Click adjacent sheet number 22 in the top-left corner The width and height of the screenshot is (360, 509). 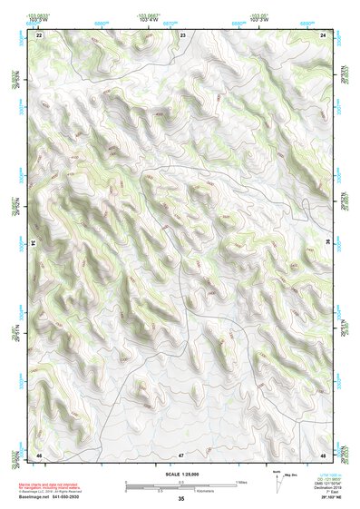click(x=39, y=34)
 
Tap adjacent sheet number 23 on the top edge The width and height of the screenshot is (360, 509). click(x=182, y=34)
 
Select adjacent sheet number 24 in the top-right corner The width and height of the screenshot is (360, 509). click(x=324, y=34)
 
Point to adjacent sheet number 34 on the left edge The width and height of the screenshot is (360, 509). click(x=34, y=243)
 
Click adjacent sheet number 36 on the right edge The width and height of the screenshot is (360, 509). click(x=328, y=243)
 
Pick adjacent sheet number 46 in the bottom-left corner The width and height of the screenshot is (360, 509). click(x=39, y=454)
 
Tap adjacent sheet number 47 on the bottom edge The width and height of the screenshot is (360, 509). click(x=181, y=454)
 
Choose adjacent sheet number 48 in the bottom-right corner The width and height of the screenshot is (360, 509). click(x=324, y=454)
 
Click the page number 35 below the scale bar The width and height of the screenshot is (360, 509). click(x=181, y=499)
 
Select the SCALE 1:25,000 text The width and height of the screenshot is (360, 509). click(x=181, y=474)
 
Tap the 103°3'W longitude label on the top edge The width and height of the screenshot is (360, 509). click(x=258, y=20)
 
